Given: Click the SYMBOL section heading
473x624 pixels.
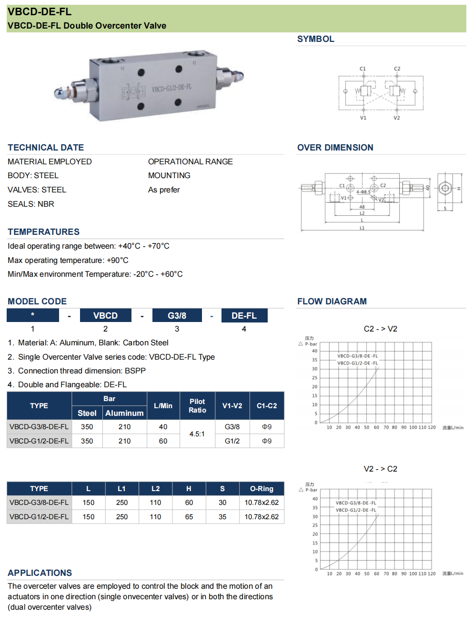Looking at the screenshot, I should [x=315, y=39].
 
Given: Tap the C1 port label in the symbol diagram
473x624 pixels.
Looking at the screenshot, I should [x=362, y=69].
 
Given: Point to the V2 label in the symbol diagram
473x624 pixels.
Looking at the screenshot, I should [x=396, y=118].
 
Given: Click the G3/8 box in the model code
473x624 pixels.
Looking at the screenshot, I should [x=177, y=316].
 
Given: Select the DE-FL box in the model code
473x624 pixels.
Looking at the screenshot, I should [x=244, y=316].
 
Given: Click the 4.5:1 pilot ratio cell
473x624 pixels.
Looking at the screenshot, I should [x=197, y=434].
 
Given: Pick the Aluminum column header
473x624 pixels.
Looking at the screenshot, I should [x=124, y=413].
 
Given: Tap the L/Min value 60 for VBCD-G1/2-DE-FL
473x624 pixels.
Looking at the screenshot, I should [x=163, y=441].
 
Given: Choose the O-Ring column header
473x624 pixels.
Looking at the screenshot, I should [x=262, y=489].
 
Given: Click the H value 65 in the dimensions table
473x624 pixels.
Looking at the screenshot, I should [x=189, y=517].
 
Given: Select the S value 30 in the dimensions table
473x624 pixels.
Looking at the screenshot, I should [x=222, y=503].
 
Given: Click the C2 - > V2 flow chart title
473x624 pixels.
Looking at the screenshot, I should [x=380, y=329].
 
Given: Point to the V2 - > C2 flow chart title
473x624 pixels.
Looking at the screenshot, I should [x=380, y=469].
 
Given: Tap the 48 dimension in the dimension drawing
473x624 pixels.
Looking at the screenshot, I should [x=362, y=207].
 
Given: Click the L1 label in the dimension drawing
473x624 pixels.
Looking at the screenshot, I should [x=362, y=228].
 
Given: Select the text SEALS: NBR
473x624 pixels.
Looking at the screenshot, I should [x=31, y=204].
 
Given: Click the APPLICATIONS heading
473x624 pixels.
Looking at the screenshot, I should [x=40, y=573].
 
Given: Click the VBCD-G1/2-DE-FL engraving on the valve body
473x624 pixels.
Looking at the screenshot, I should [x=171, y=88].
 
